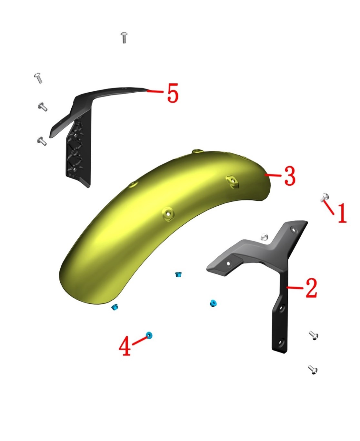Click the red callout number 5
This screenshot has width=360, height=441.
pyautogui.click(x=173, y=93)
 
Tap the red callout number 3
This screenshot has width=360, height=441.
pyautogui.click(x=290, y=176)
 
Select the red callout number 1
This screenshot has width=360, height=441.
pyautogui.click(x=342, y=213)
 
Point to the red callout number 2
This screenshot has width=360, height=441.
pyautogui.click(x=311, y=288)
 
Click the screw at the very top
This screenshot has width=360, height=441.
pyautogui.click(x=124, y=38)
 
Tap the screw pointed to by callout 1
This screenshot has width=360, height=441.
pyautogui.click(x=325, y=197)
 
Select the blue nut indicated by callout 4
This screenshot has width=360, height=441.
pyautogui.click(x=149, y=335)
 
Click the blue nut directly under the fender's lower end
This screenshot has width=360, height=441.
pyautogui.click(x=115, y=307)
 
